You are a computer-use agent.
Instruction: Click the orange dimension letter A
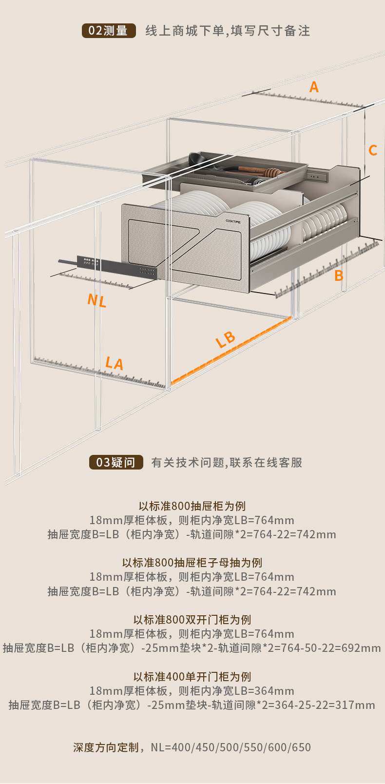314,87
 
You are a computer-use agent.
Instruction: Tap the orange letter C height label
373,150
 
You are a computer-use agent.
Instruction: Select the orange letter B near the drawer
339,276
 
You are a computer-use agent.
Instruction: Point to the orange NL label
97,300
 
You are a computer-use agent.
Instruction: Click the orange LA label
115,363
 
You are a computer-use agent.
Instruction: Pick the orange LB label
226,339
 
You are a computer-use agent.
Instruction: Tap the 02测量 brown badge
108,31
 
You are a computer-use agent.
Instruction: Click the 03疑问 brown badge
116,462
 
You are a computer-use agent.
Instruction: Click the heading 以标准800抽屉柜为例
192,506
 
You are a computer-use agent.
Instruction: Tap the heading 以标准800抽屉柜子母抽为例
192,563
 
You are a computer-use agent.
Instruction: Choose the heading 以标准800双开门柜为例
192,620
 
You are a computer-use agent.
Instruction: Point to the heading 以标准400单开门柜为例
192,677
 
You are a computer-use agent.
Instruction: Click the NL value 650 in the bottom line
302,747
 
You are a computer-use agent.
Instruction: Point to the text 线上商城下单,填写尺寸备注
228,31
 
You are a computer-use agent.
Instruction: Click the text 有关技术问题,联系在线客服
227,462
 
